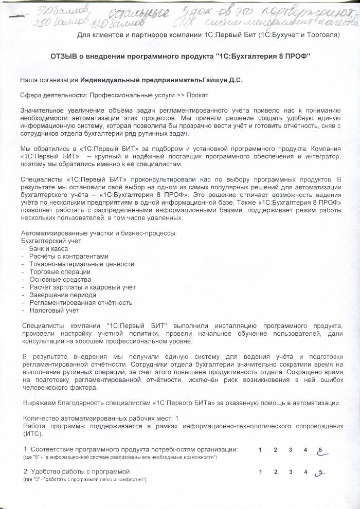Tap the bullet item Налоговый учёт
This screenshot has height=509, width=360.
tap(54, 311)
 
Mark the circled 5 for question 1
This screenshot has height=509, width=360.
tap(321, 450)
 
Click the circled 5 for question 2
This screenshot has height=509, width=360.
tap(321, 472)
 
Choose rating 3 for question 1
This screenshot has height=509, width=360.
tap(291, 450)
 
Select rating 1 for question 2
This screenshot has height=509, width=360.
tap(261, 472)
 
